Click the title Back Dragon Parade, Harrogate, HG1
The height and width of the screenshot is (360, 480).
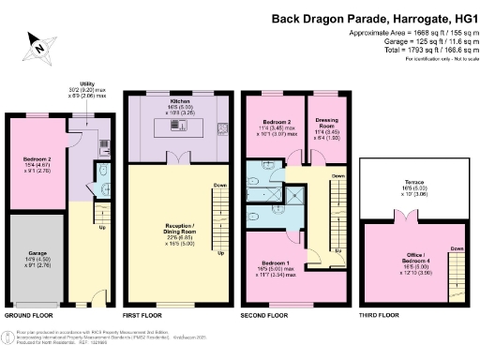pyautogui.click(x=371, y=18)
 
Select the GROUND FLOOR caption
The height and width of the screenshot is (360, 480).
pyautogui.click(x=29, y=316)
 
